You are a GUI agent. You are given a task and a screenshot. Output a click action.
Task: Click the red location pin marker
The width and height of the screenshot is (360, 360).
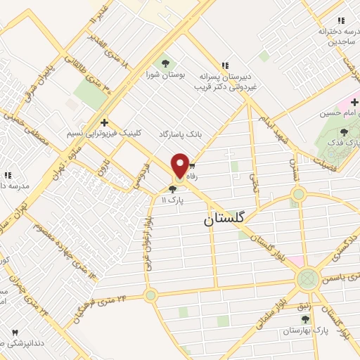pos(179,167)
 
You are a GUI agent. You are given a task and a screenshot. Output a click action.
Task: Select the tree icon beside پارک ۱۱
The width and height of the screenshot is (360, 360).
pos(173,188)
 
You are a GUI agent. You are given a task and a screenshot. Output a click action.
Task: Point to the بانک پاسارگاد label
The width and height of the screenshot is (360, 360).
pos(181,133)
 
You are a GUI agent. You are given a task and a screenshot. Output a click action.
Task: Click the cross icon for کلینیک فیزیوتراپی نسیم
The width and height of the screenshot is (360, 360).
pos(104,122)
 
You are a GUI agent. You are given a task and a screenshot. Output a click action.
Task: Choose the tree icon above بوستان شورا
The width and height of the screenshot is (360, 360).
pos(166,63)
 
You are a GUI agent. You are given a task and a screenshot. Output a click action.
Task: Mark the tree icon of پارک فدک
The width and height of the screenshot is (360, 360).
pos(344,131)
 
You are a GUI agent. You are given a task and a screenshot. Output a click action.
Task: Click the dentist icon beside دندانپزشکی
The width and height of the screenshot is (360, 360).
pos(13,332)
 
